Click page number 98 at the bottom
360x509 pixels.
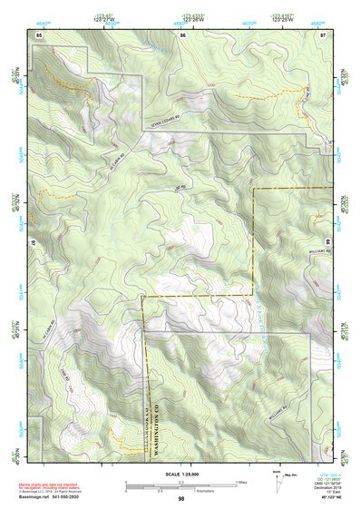pos(181,499)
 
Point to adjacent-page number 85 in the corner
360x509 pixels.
pos(39,34)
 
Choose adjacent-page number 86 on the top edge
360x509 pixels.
pos(182,34)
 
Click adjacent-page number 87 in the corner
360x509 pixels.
pos(323,34)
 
